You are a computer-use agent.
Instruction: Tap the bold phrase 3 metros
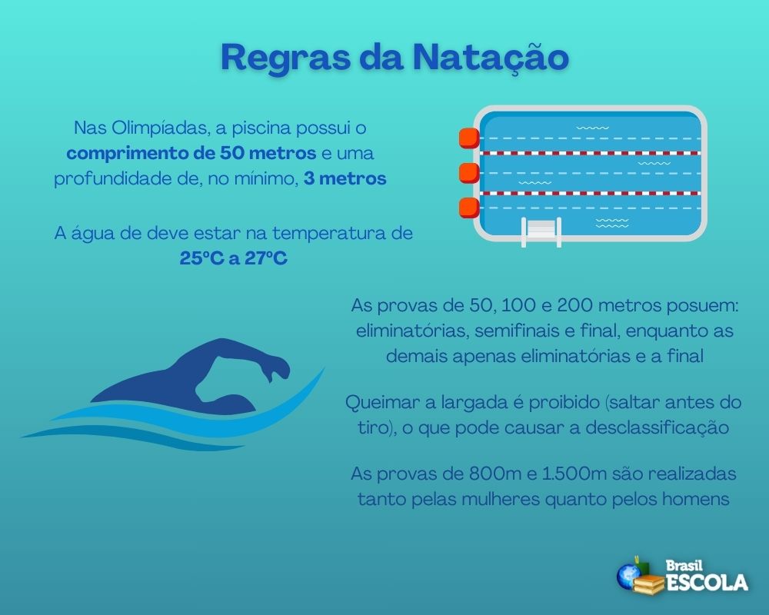(x=345, y=179)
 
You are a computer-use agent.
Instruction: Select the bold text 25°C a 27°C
(x=234, y=258)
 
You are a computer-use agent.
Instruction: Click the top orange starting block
(x=468, y=138)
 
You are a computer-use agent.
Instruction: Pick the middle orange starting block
(x=468, y=173)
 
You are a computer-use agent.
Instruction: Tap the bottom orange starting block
(x=468, y=208)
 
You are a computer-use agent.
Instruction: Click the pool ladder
(x=541, y=231)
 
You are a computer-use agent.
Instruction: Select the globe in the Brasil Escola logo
(x=628, y=574)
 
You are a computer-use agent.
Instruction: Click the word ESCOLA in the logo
(x=707, y=582)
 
